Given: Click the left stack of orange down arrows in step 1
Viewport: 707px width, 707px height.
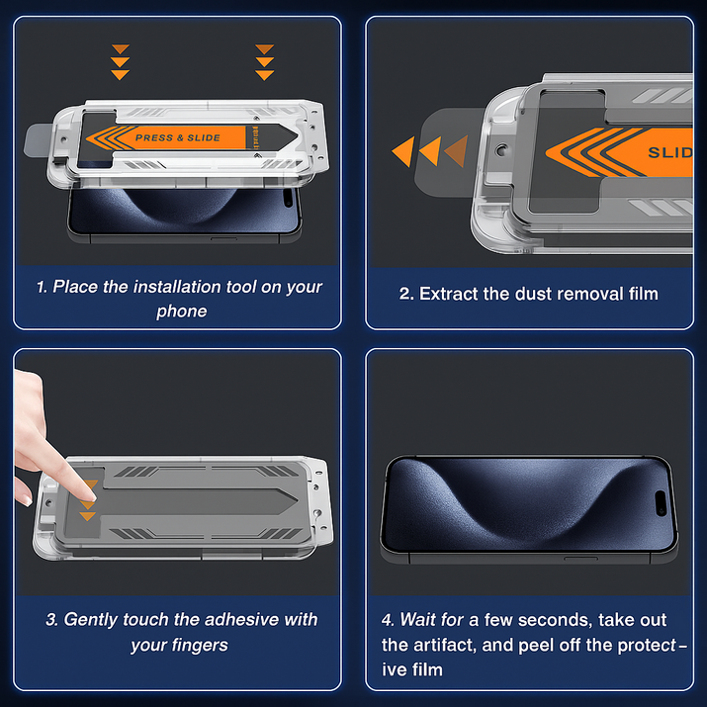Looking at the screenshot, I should coord(120,61).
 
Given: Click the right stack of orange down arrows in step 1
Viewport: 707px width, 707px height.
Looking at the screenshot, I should coord(263,61).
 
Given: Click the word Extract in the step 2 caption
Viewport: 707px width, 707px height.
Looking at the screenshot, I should coord(448,294).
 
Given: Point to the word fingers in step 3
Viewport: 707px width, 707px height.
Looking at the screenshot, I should coord(202,645).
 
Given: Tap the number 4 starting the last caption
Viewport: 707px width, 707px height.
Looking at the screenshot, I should coord(387,620).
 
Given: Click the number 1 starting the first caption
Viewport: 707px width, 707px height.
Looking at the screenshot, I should coord(41,287).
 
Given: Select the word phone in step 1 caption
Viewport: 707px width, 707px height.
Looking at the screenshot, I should coord(181,311).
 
